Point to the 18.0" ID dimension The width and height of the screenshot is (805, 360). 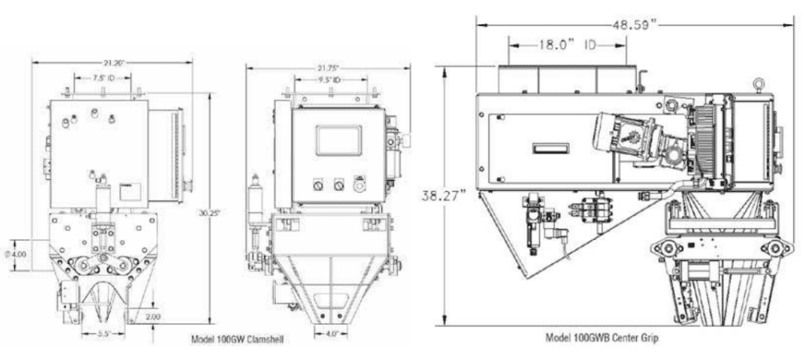568,46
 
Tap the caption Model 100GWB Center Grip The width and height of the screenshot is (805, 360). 602,337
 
